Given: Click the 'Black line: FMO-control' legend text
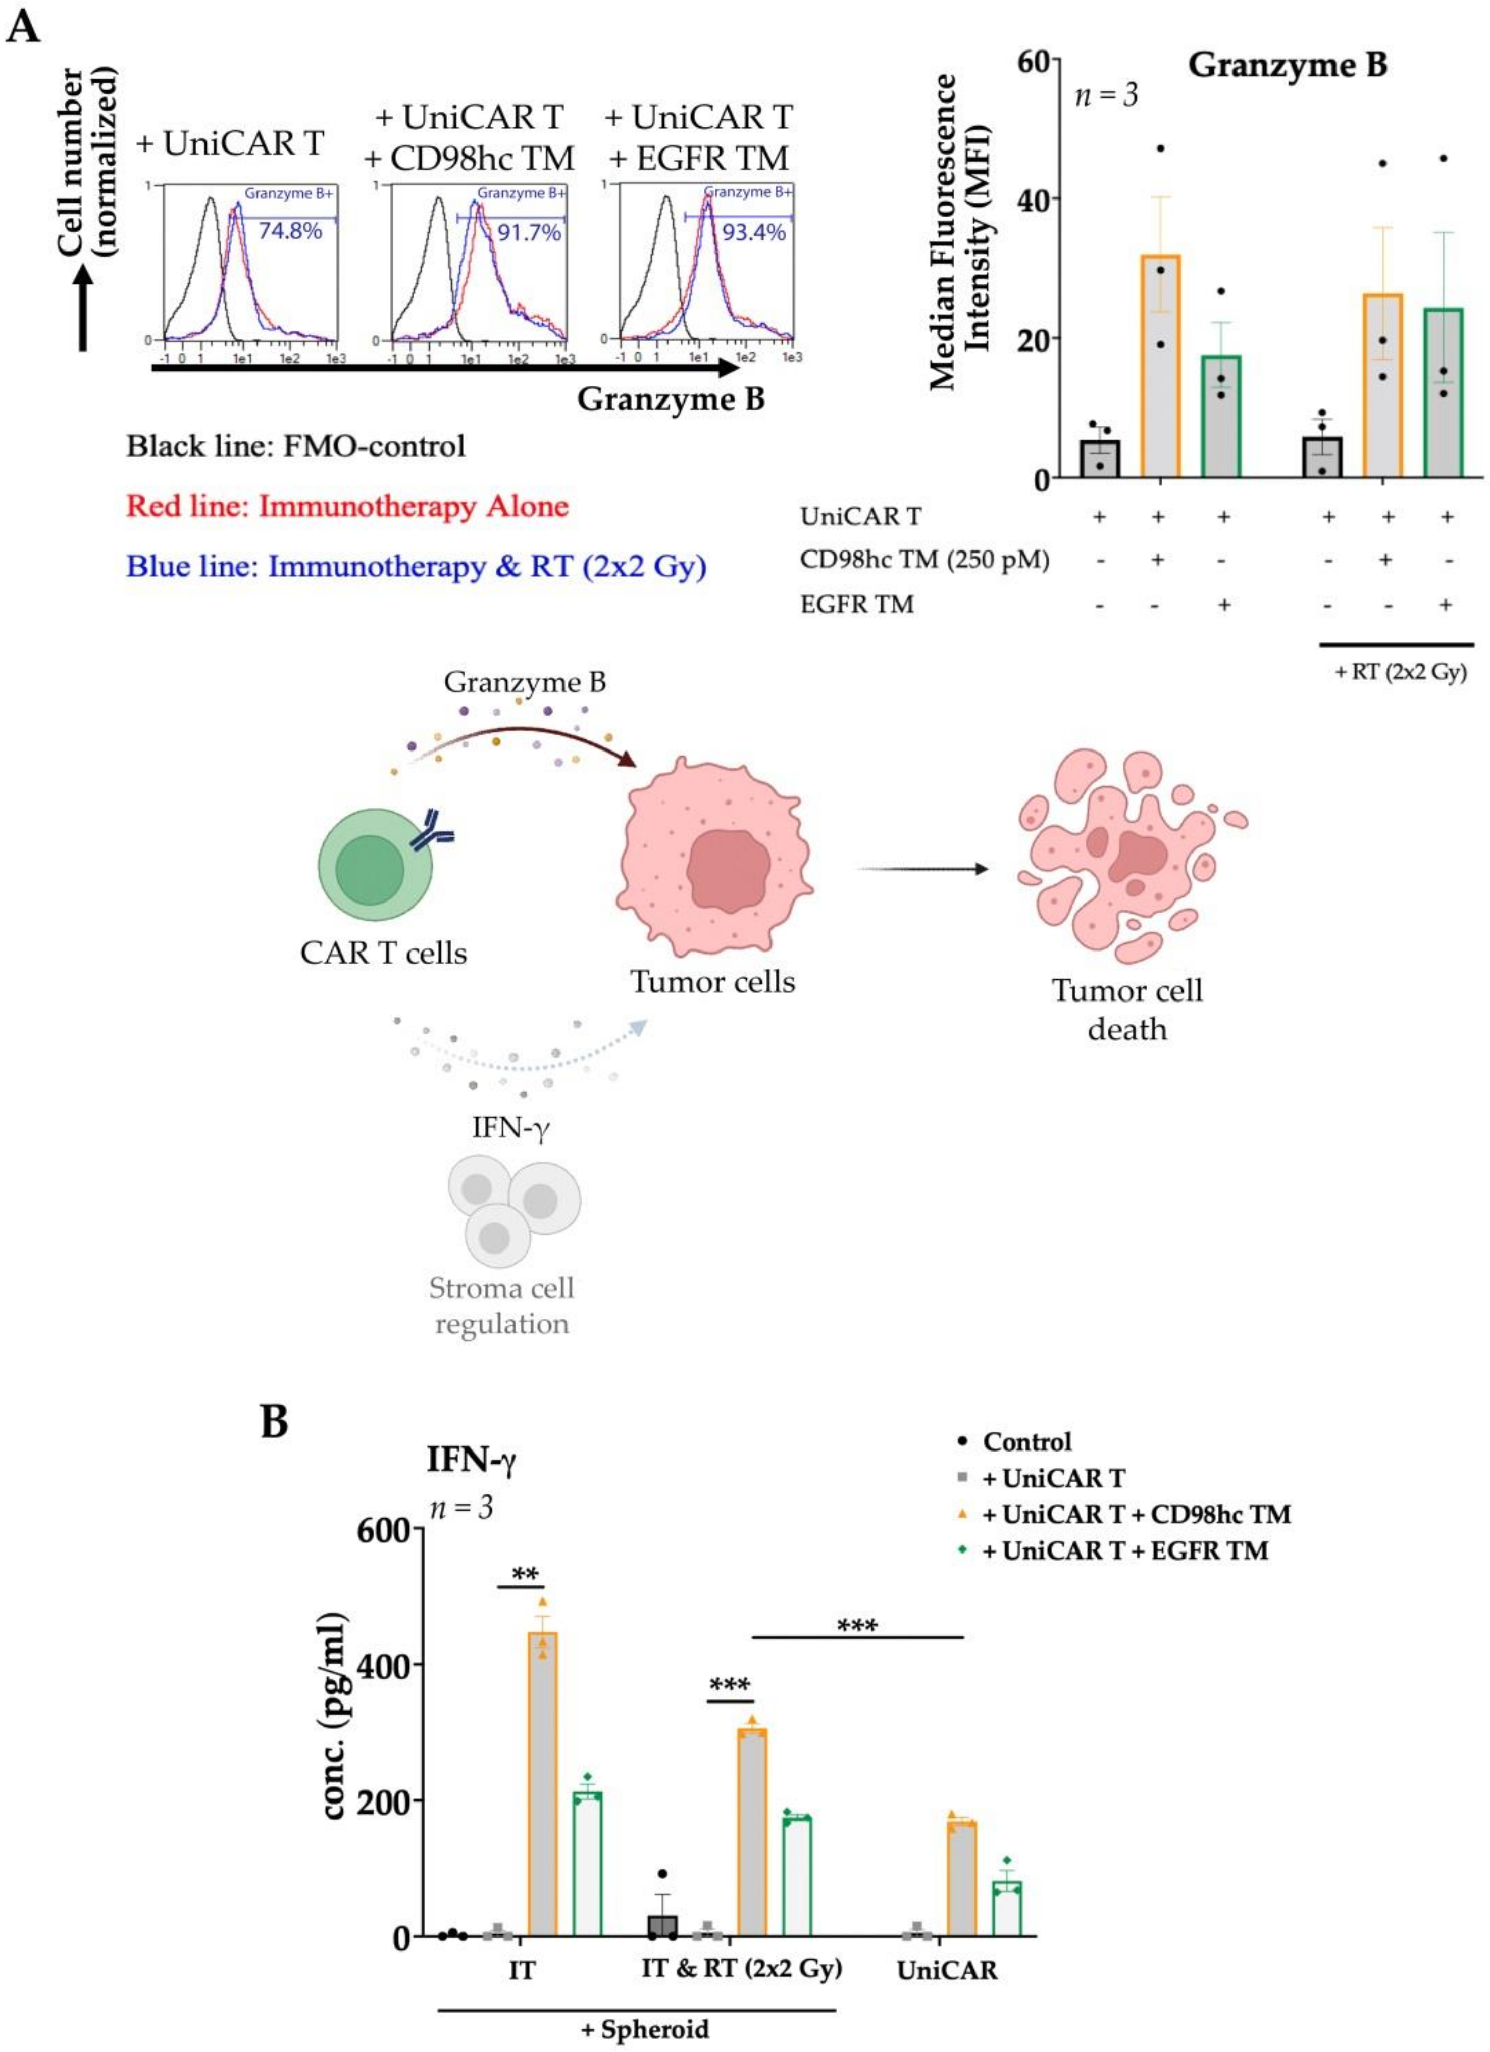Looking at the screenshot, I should (x=296, y=446).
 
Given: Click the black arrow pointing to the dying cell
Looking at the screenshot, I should (x=923, y=870).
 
